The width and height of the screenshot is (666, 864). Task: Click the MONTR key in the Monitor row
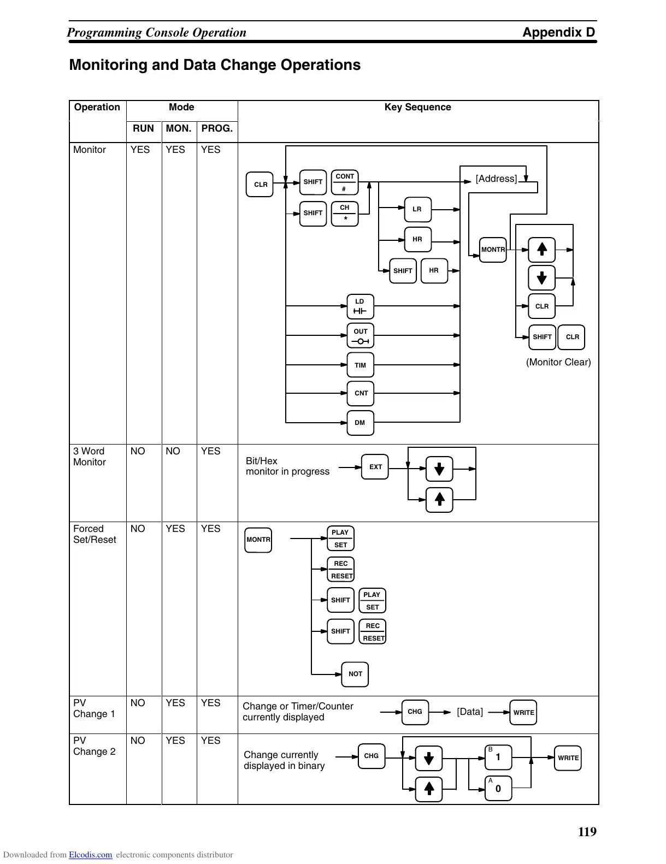click(493, 250)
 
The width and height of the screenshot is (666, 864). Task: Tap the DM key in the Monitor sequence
click(360, 423)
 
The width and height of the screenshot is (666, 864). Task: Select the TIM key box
click(360, 365)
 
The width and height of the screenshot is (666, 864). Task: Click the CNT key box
click(361, 393)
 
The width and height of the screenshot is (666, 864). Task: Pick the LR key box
click(417, 209)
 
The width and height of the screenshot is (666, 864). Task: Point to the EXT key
click(375, 467)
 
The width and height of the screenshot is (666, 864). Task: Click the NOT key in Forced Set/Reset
click(355, 674)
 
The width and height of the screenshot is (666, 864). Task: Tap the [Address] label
click(496, 179)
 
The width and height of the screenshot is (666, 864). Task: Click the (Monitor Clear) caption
click(558, 362)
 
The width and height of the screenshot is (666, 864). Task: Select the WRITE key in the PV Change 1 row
click(523, 712)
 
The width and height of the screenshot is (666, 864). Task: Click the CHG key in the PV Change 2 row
click(371, 756)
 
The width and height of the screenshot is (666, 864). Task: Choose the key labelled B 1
click(498, 758)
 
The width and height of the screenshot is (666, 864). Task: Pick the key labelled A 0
click(498, 788)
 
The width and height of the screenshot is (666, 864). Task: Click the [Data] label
click(470, 712)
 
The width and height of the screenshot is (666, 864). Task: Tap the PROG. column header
click(217, 128)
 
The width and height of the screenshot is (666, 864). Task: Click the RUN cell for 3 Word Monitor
click(138, 451)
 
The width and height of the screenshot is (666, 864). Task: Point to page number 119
click(587, 832)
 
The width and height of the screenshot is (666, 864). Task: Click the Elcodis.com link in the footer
click(90, 855)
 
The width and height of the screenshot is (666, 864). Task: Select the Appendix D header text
click(558, 32)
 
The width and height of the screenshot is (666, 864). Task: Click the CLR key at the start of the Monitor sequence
click(260, 185)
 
